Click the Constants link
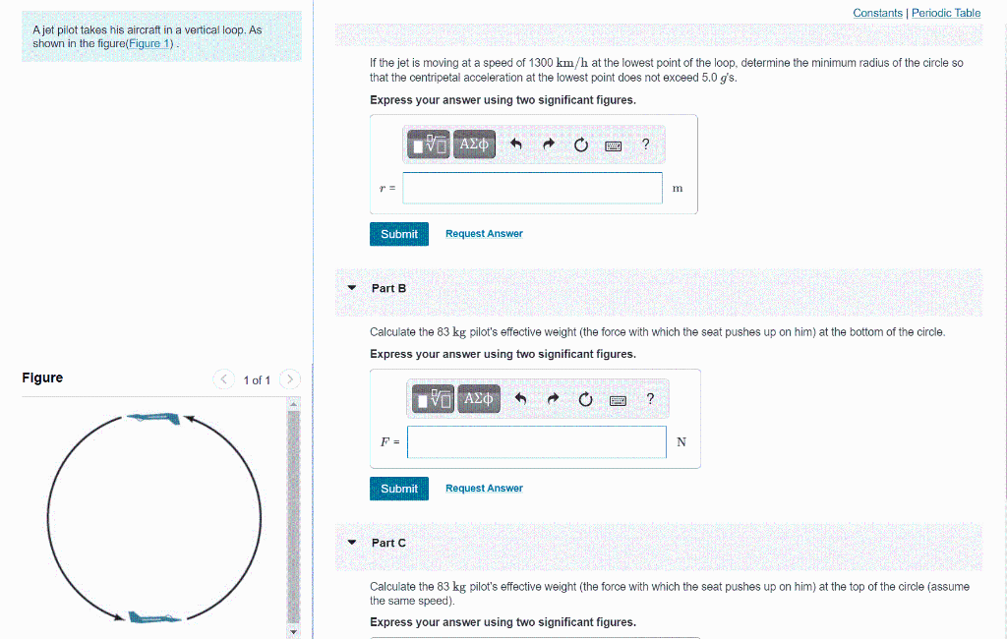(x=877, y=13)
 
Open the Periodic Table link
(x=945, y=13)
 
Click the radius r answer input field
(x=532, y=188)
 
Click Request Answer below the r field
(x=484, y=234)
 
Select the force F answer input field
(x=537, y=442)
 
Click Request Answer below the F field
(x=484, y=489)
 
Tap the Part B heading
(x=388, y=288)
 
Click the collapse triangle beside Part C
(x=351, y=542)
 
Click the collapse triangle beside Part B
(x=351, y=288)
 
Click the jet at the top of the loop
(x=154, y=419)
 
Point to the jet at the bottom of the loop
(x=153, y=618)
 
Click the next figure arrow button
(x=290, y=379)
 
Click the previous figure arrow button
(x=225, y=379)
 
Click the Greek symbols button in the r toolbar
(x=474, y=145)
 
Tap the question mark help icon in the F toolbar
(x=650, y=398)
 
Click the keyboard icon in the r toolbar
(x=614, y=145)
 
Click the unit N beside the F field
(x=681, y=442)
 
